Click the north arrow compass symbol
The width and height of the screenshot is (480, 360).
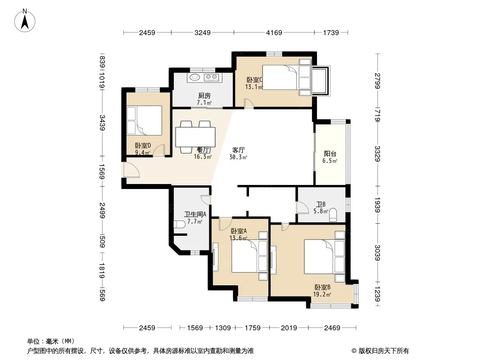tap(25, 21)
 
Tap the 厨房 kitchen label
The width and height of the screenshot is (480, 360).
tap(204, 96)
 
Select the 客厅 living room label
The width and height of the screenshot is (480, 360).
tap(238, 150)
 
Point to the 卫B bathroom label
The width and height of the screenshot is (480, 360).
tap(321, 204)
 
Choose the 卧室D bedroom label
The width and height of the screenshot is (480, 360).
tap(143, 146)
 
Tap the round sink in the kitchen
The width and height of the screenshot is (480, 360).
tap(194, 77)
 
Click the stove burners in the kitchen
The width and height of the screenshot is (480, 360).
tap(212, 77)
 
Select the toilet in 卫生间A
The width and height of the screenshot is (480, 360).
tap(179, 225)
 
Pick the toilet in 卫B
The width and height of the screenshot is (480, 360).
tap(333, 216)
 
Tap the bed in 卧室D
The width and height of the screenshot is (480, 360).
tap(144, 120)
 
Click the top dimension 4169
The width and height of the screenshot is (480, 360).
tap(274, 32)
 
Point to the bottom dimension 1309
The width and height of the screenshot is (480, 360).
tap(222, 328)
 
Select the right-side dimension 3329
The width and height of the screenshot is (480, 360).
tap(377, 154)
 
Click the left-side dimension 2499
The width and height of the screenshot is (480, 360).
tap(102, 211)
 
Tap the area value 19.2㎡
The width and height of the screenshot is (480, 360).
tap(322, 295)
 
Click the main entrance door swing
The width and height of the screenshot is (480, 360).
tap(131, 170)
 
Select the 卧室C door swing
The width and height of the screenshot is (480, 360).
tap(249, 103)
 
